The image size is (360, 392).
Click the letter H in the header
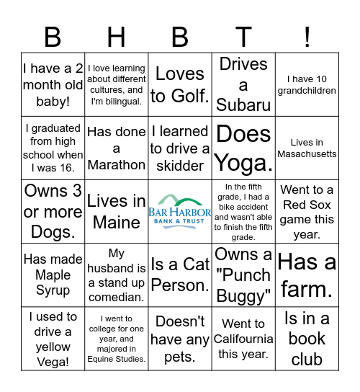[117, 36]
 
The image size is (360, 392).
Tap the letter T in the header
[243, 36]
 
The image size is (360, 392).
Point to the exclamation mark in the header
[307, 36]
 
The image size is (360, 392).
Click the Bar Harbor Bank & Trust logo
[180, 210]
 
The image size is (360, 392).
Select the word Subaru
[243, 105]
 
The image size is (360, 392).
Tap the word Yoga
[243, 164]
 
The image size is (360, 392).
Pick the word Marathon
[117, 165]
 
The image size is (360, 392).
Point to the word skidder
[180, 166]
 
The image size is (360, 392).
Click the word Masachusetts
[307, 154]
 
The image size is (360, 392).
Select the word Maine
[117, 223]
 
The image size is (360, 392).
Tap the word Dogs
[53, 233]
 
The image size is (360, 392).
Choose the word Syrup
[53, 290]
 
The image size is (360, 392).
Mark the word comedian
[117, 298]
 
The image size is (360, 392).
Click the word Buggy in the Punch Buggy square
[245, 295]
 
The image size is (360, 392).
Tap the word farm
[307, 290]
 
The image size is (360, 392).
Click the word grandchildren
[307, 91]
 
